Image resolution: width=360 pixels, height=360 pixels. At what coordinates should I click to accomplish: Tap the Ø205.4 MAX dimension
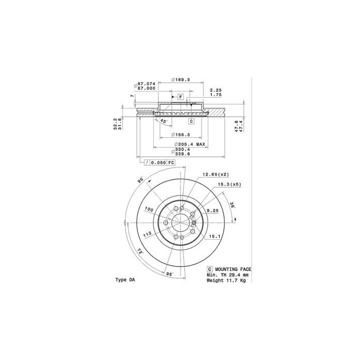pyautogui.click(x=189, y=145)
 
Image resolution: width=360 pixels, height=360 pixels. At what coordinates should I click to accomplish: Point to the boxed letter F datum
pyautogui.click(x=181, y=97)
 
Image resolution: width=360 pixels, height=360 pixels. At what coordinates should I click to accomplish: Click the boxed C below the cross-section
pyautogui.click(x=190, y=121)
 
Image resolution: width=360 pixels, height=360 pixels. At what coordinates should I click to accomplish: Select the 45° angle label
pyautogui.click(x=164, y=121)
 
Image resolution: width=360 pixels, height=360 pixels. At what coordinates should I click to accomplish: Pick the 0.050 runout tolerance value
pyautogui.click(x=159, y=163)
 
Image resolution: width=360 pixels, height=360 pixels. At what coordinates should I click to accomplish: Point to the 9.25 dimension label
pyautogui.click(x=211, y=211)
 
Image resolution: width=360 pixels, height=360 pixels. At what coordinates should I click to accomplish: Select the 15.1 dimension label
pyautogui.click(x=214, y=237)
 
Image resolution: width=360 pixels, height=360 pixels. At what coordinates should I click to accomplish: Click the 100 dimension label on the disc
pyautogui.click(x=149, y=210)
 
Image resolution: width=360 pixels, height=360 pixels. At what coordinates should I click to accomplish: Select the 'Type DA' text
pyautogui.click(x=126, y=280)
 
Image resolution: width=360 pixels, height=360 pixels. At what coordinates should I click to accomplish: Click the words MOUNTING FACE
pyautogui.click(x=232, y=269)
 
